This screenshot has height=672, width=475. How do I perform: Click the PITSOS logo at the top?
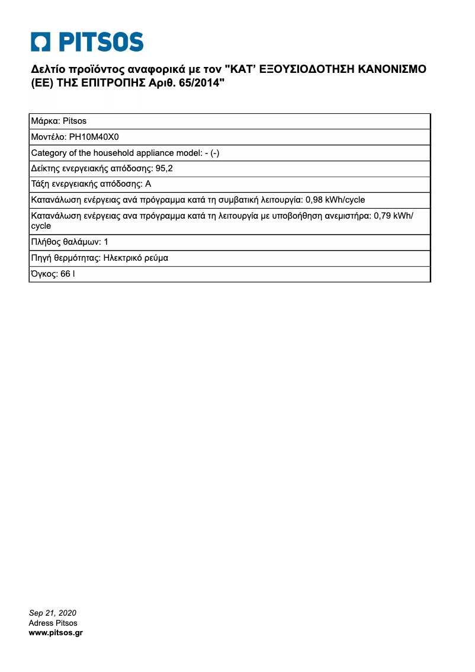88,42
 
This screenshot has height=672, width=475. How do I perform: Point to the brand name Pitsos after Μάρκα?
75,121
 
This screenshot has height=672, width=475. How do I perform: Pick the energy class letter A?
148,184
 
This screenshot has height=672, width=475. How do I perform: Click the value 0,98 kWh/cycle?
335,200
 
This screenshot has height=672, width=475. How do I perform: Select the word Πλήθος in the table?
45,242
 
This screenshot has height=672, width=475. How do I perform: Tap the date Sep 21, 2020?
53,613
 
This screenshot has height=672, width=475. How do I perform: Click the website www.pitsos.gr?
56,633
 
